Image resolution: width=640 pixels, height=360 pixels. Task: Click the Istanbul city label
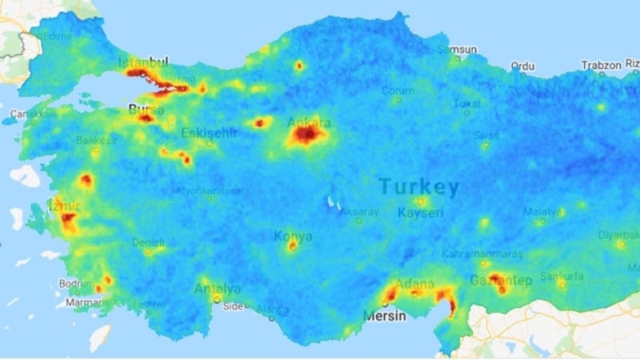tap(143, 62)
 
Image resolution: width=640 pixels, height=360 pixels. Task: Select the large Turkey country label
tap(419, 187)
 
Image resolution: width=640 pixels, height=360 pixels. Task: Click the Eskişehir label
tap(210, 133)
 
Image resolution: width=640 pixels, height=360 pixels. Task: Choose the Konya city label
tap(293, 236)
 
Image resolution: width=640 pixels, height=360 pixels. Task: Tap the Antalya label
tap(217, 288)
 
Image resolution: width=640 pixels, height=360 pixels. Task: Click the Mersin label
tap(386, 315)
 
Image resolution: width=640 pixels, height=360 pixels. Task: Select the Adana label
tap(414, 284)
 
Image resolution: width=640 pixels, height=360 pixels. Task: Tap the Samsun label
tap(462, 50)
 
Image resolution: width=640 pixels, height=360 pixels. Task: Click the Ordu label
tap(522, 66)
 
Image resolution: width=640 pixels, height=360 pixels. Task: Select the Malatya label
tap(541, 211)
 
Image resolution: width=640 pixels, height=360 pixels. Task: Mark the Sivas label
tap(486, 135)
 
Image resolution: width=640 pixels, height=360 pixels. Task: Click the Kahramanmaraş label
tap(482, 254)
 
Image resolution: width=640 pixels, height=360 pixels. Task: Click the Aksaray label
tap(359, 212)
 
